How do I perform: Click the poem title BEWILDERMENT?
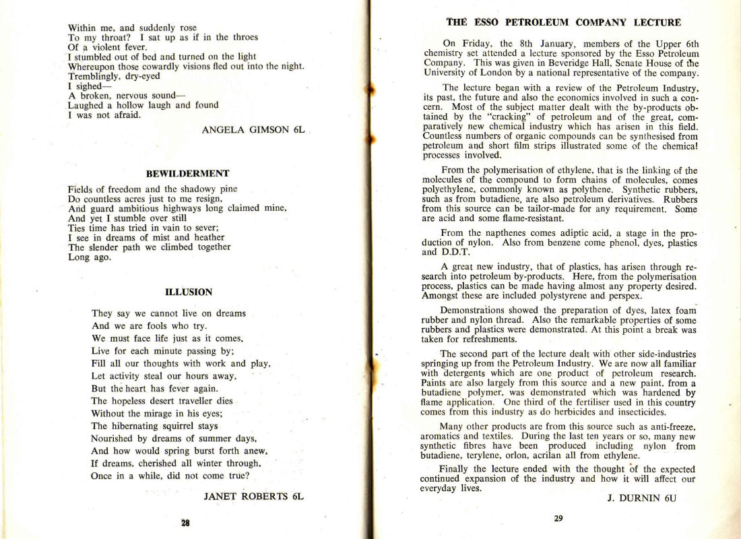click(x=188, y=173)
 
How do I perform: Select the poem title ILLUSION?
click(x=189, y=292)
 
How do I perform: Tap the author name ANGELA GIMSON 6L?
click(x=253, y=130)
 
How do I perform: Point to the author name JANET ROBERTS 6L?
click(x=254, y=497)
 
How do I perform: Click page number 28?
click(x=185, y=522)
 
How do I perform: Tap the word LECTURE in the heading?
click(x=657, y=22)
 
